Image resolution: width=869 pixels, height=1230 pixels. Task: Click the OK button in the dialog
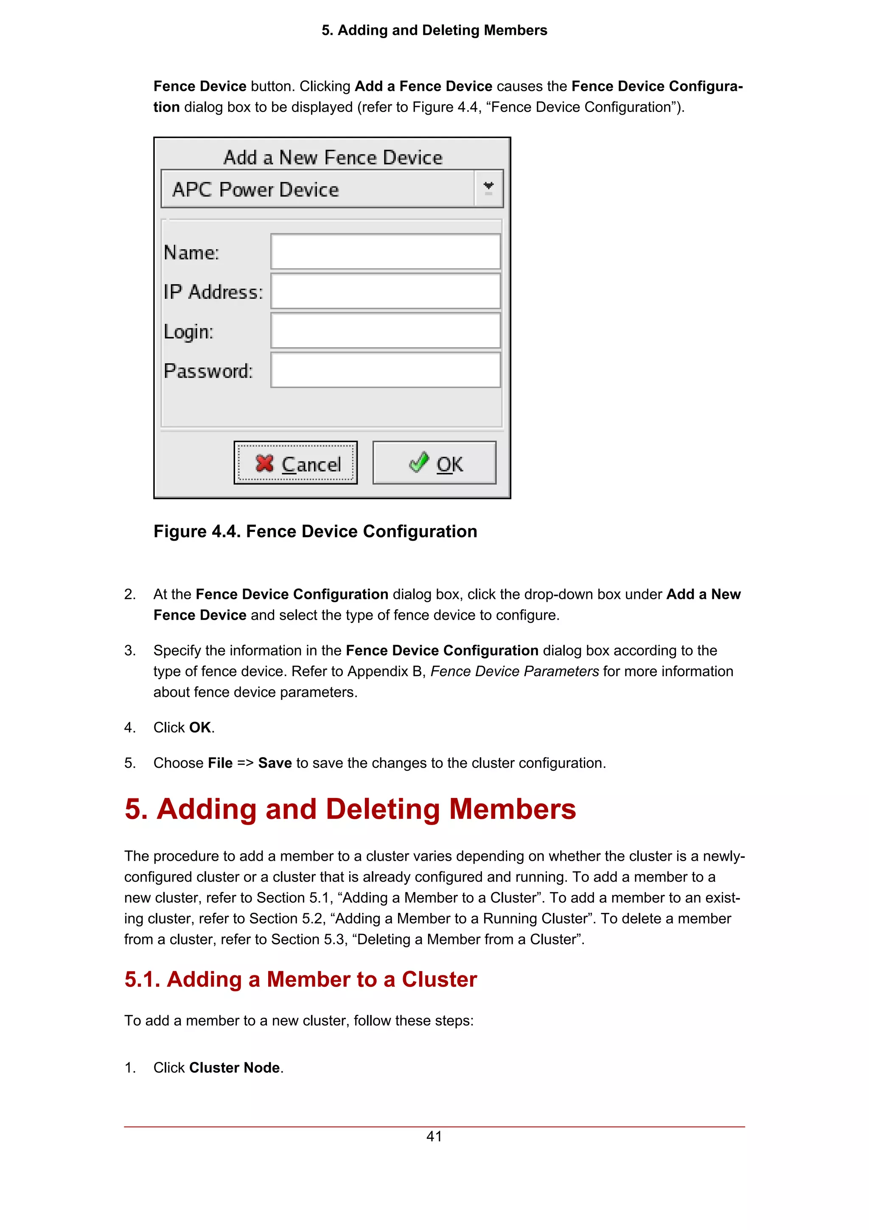tap(434, 463)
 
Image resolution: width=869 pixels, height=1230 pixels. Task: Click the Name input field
tap(386, 251)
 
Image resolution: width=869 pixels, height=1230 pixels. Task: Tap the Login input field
tap(386, 331)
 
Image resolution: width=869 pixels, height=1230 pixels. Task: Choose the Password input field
tap(386, 370)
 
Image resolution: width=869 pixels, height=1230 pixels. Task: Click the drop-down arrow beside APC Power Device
tap(488, 188)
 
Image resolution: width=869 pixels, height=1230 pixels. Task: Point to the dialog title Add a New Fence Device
tap(333, 157)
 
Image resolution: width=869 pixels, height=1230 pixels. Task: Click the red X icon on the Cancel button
tap(264, 463)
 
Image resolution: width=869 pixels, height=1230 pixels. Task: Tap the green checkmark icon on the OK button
tap(419, 462)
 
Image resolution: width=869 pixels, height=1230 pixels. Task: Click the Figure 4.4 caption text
tap(315, 531)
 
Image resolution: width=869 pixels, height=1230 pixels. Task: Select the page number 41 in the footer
tap(434, 1136)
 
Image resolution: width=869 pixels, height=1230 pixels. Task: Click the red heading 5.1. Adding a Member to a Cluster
tap(300, 979)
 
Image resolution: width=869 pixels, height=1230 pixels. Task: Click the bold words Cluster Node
tap(235, 1068)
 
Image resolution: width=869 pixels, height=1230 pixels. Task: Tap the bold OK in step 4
tap(200, 727)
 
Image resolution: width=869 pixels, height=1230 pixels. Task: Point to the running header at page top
tap(434, 30)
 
